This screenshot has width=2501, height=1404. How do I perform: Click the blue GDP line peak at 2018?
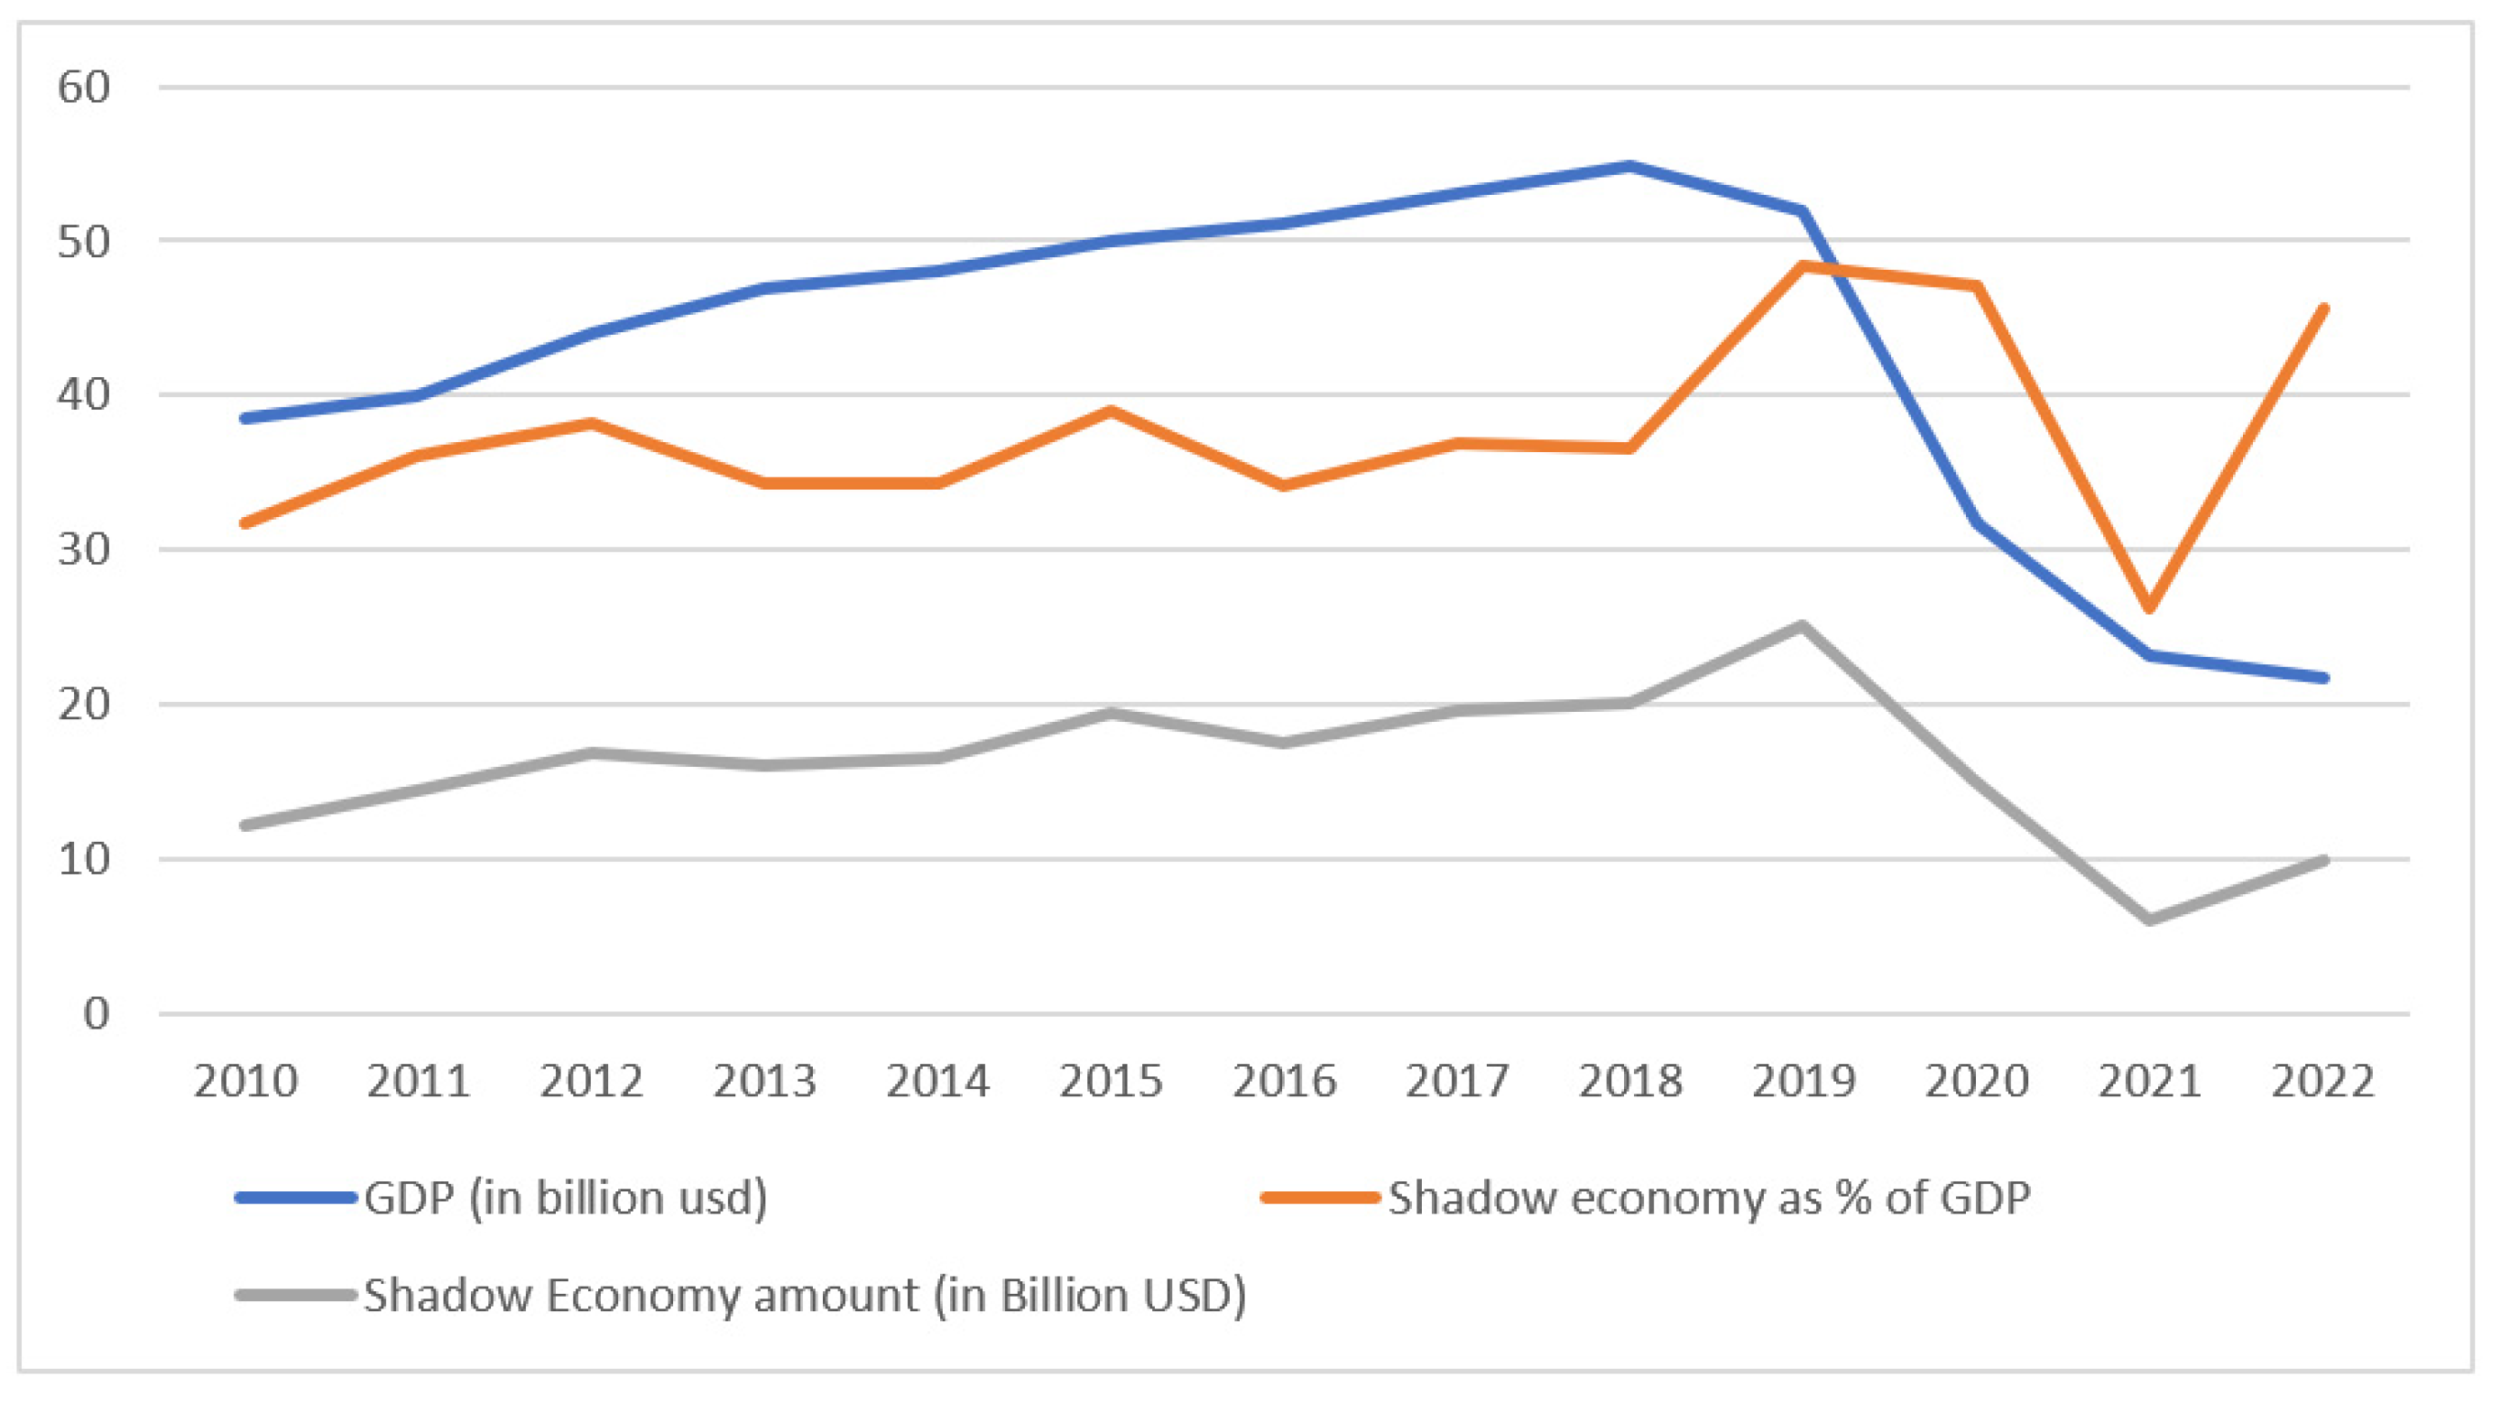coord(1630,166)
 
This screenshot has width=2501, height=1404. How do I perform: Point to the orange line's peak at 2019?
coord(1803,265)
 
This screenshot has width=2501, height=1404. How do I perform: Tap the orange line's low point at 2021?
coord(2149,609)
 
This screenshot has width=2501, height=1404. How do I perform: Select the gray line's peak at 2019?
coord(1803,625)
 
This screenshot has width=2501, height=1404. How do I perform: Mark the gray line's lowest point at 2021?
coord(2149,919)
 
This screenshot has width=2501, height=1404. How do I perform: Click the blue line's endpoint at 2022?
coord(2323,678)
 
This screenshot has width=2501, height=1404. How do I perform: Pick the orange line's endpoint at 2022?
coord(2323,309)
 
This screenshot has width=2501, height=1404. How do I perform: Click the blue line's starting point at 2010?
coord(245,419)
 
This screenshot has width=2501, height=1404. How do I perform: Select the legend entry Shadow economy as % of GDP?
coord(1708,1197)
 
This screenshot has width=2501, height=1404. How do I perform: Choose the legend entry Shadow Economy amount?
coord(804,1295)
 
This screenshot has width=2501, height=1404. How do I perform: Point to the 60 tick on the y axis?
coord(85,88)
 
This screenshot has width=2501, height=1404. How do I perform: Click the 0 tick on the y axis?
coord(97,1013)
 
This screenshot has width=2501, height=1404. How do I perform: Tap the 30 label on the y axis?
coord(85,550)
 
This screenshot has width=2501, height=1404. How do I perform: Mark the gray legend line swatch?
coord(296,1295)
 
